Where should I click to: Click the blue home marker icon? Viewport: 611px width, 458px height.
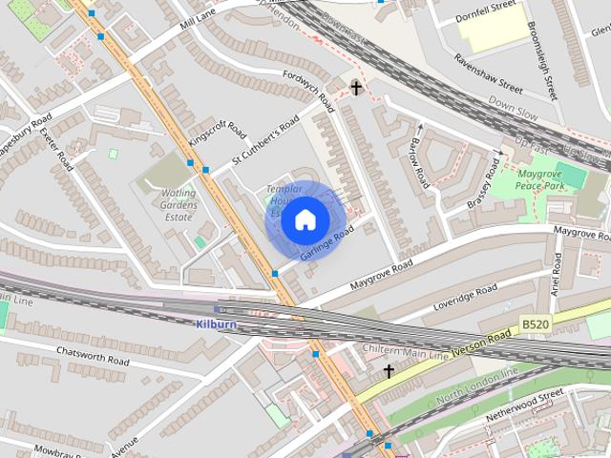pos(305,219)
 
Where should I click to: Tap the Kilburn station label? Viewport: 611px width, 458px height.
pos(215,324)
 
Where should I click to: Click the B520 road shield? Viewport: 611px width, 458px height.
pos(536,325)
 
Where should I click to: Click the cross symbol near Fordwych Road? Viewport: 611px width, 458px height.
pos(357,89)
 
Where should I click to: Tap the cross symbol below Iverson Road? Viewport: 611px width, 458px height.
pos(389,370)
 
